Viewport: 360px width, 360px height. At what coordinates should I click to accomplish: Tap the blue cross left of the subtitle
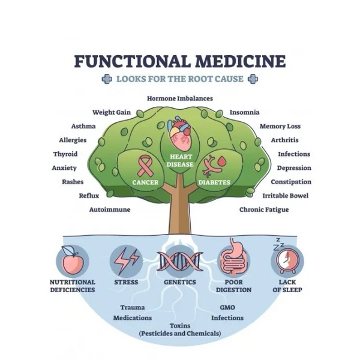pos(107,79)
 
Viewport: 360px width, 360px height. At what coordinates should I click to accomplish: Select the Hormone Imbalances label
pos(180,98)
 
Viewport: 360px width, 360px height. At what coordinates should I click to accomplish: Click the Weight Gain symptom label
pos(111,112)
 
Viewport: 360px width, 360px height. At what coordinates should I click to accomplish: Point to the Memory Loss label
pos(280,127)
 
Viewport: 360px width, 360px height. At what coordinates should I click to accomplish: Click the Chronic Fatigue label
pos(264,209)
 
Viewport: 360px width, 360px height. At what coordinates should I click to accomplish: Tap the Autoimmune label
pos(110,209)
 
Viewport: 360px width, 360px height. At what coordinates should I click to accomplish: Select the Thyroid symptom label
pos(65,154)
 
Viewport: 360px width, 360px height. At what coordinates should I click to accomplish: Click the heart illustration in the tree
pos(179,133)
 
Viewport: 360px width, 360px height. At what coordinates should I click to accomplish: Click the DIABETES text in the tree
pos(214,181)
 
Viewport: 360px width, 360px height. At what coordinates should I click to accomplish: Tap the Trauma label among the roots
pos(132,307)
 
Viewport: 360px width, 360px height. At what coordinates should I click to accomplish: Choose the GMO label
pos(219,307)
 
